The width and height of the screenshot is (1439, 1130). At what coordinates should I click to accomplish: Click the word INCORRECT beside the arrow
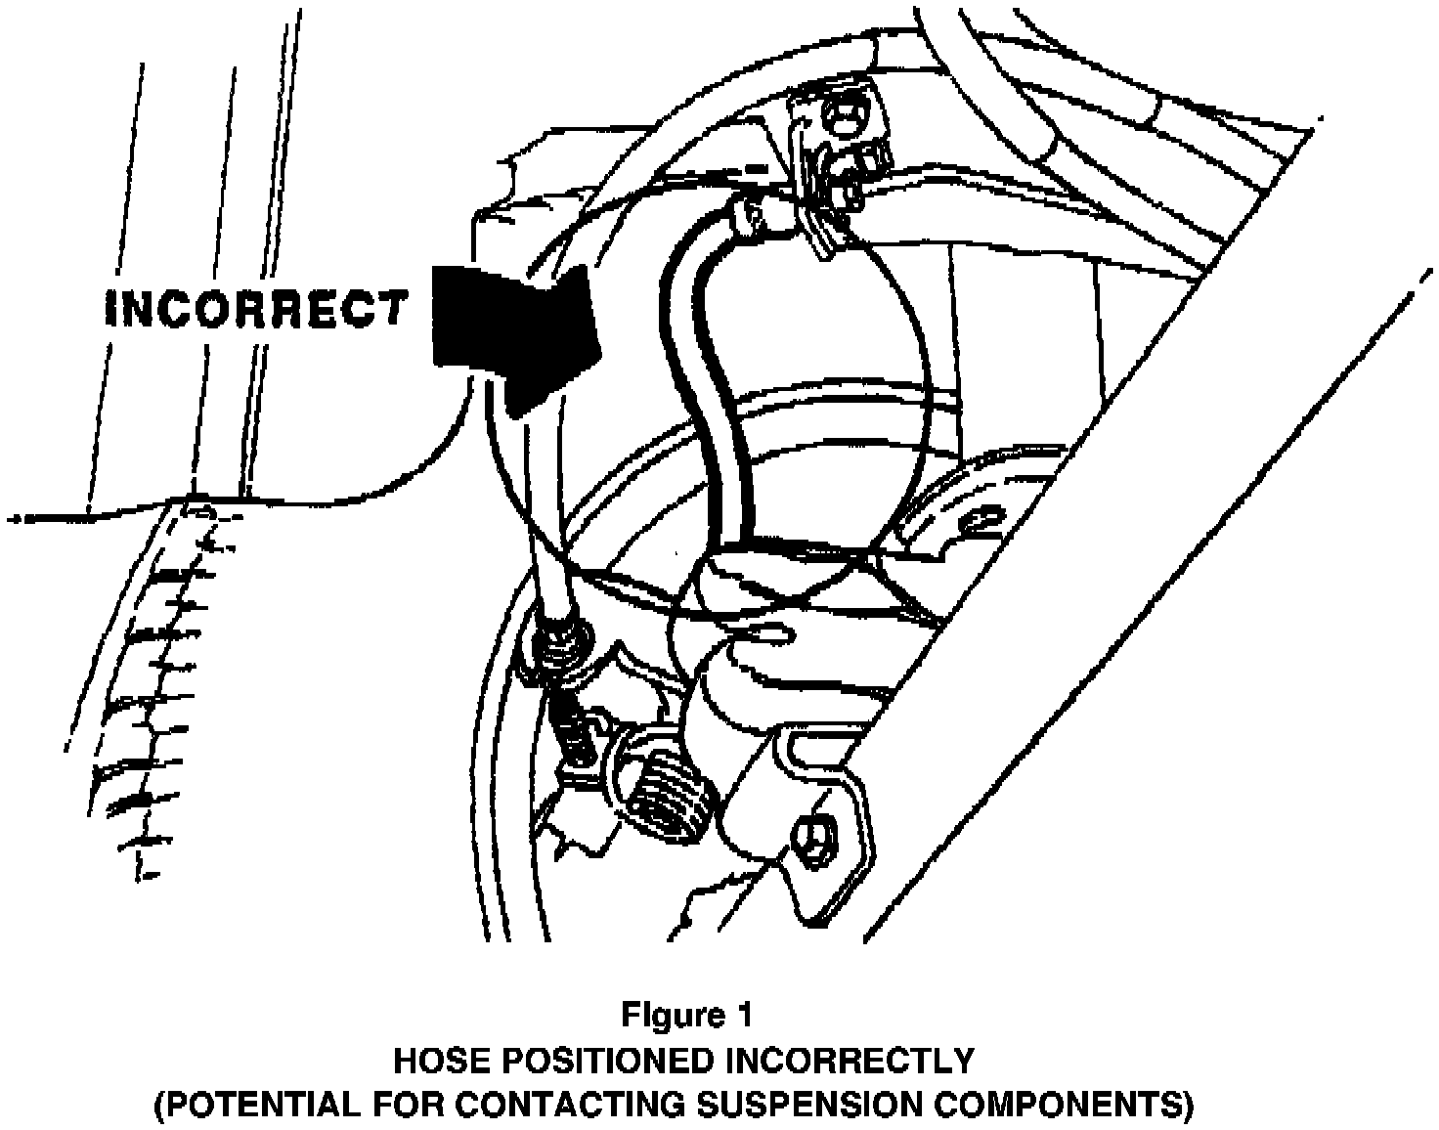pyautogui.click(x=255, y=308)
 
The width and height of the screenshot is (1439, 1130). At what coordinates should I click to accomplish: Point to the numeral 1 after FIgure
pyautogui.click(x=745, y=1015)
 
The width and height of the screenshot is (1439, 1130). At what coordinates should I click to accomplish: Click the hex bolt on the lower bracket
pyautogui.click(x=812, y=837)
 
